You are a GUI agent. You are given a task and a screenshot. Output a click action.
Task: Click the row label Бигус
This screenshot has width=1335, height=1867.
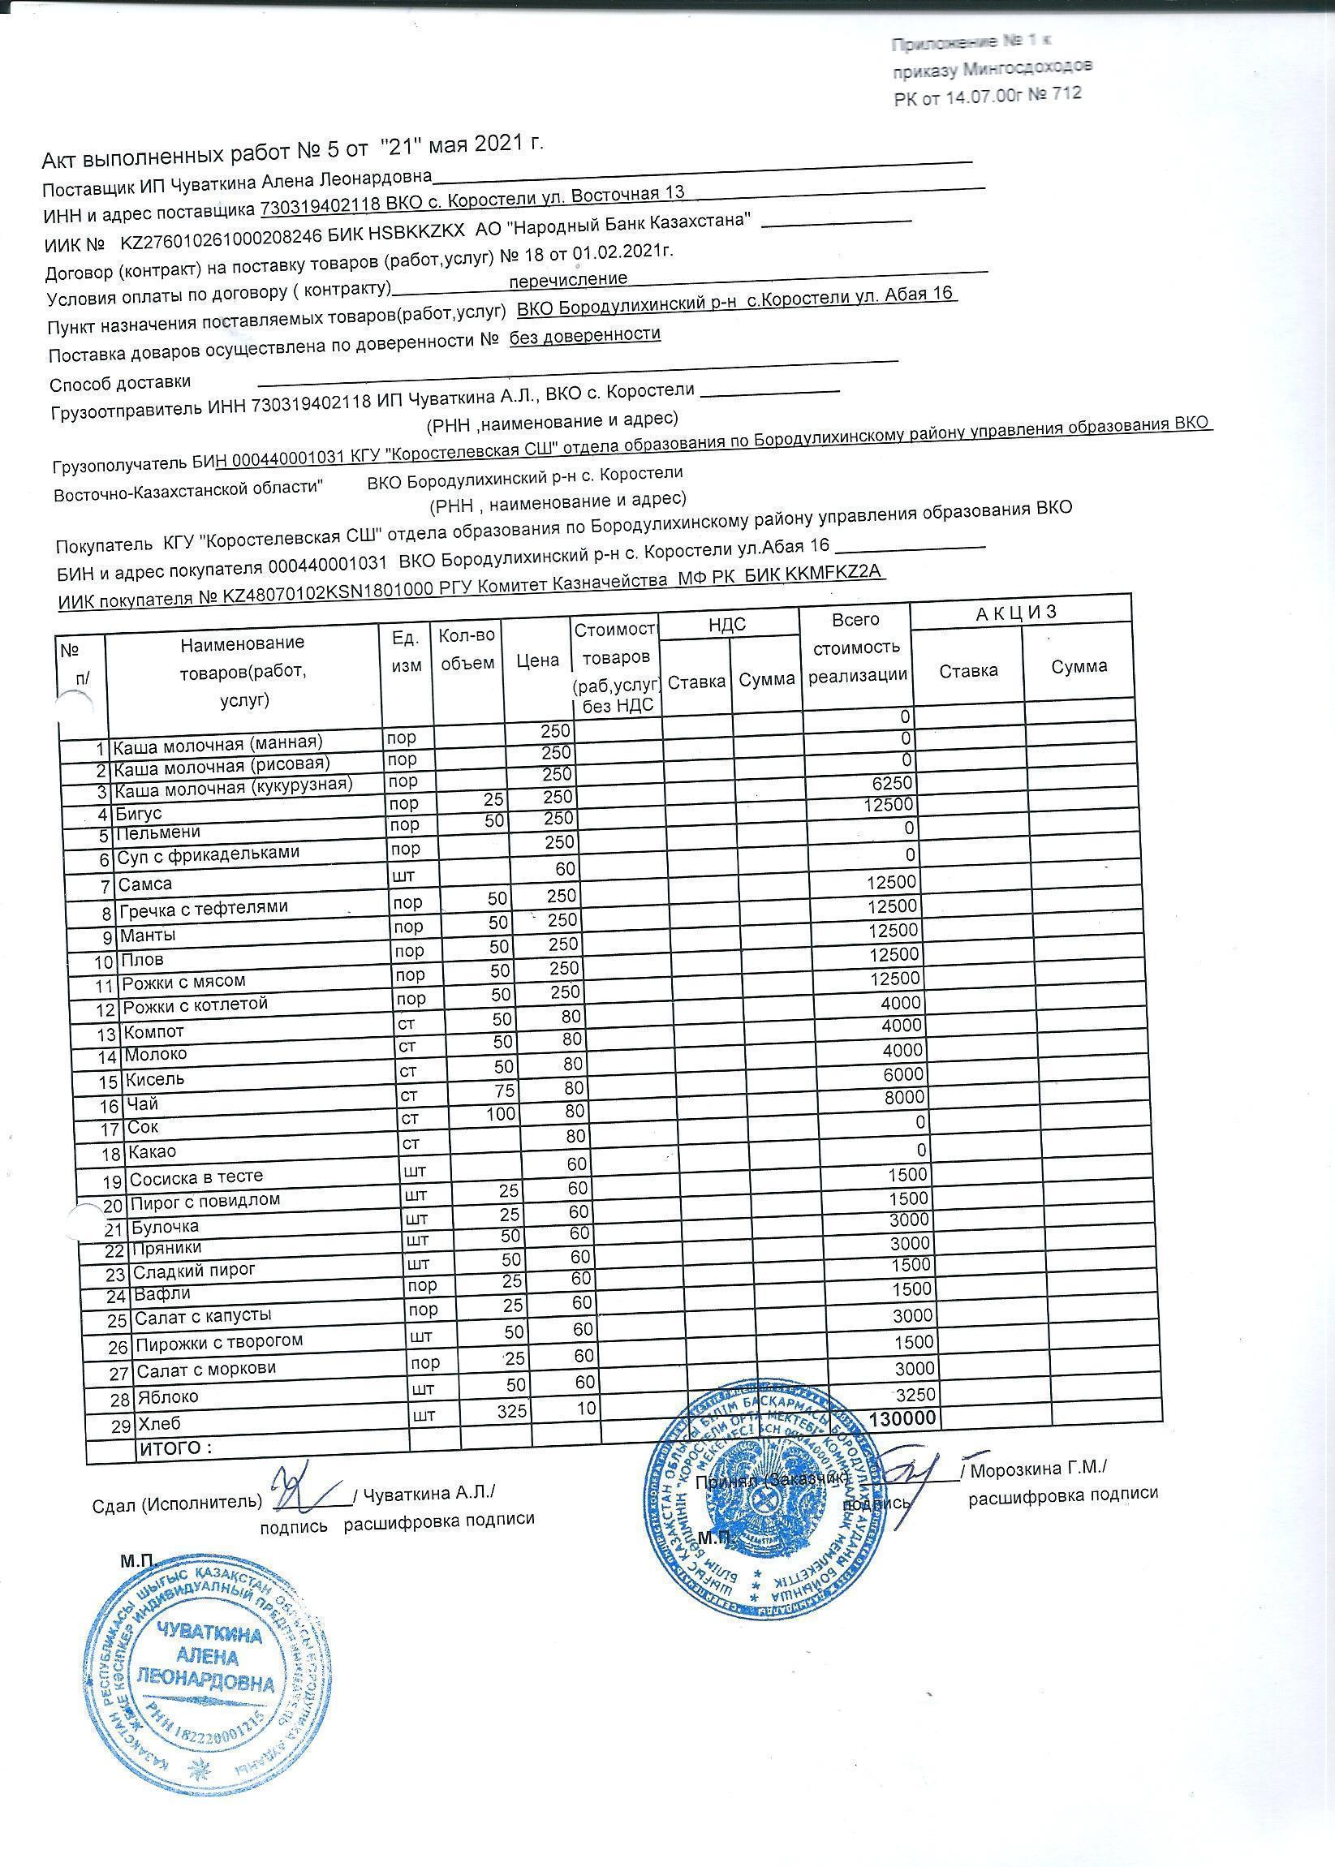click(139, 814)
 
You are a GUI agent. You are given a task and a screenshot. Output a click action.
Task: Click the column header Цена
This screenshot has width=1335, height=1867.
click(537, 660)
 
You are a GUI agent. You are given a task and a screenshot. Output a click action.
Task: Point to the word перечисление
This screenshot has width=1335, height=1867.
click(569, 279)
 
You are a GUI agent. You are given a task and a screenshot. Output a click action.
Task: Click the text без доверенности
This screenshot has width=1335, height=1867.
click(584, 334)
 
